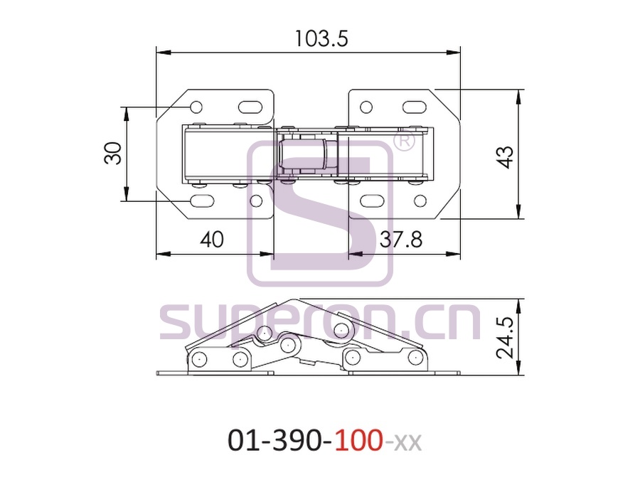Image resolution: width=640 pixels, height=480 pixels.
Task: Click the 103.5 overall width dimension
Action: (x=321, y=39)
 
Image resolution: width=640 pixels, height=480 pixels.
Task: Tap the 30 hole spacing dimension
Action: (x=113, y=153)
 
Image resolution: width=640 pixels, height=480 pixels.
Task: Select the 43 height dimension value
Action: (x=506, y=156)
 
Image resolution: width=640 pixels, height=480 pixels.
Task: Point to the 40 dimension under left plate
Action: (x=212, y=239)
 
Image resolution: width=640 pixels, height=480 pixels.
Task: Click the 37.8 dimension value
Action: (x=401, y=239)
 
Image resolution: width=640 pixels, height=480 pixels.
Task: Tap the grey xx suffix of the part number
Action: (x=407, y=443)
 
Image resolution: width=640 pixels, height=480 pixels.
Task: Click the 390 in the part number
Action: (x=297, y=441)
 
